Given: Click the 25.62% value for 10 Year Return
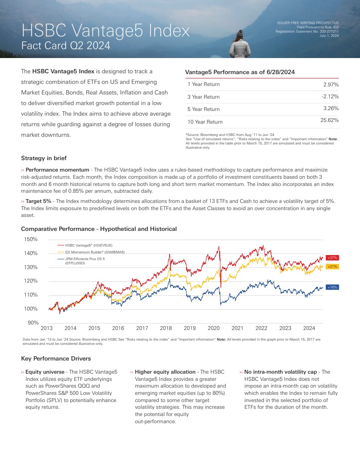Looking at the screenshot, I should (330, 121).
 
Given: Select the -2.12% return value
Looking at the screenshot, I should (330, 97).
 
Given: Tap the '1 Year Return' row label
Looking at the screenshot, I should (204, 84).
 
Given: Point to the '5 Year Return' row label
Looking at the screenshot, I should (204, 109).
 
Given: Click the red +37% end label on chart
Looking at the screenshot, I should (332, 258).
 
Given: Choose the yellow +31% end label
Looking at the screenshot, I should (332, 266).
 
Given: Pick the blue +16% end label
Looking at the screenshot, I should (332, 287).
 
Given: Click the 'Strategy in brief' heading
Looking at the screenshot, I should (44, 158).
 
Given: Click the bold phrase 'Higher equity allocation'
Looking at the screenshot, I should (165, 372).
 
